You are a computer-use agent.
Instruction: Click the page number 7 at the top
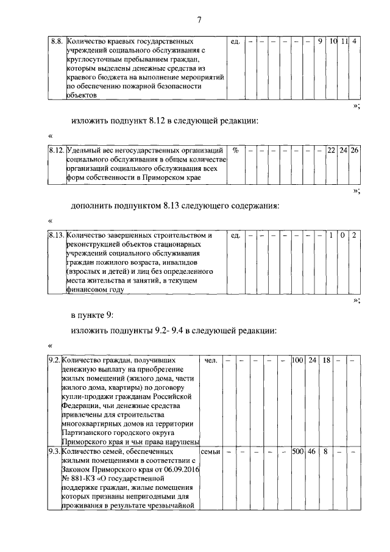point(199,20)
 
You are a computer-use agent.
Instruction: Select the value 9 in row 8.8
point(320,41)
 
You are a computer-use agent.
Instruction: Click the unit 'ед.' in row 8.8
point(236,41)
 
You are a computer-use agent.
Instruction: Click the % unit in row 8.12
point(235,149)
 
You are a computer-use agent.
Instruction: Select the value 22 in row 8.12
point(331,149)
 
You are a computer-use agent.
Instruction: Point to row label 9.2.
point(54,360)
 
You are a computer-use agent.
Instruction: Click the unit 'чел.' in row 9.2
point(211,360)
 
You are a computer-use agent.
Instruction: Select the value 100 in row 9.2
point(297,360)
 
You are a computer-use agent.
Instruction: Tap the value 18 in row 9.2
point(326,360)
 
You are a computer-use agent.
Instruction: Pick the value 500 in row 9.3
point(297,452)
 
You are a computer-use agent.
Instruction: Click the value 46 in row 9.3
point(312,452)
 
